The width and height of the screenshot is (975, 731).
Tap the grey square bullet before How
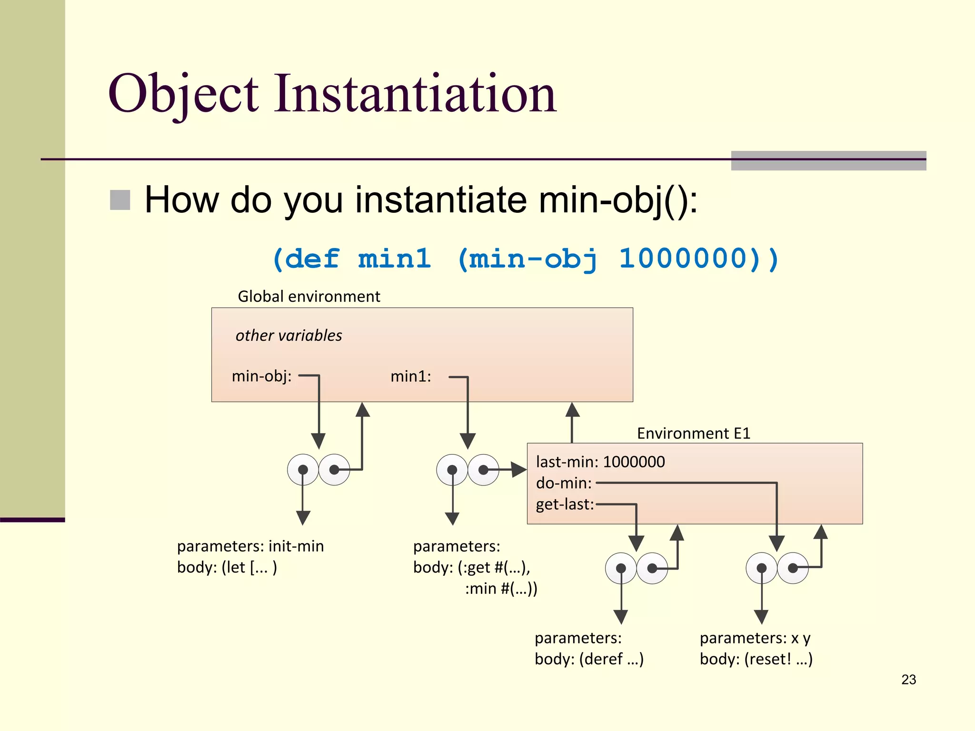[x=120, y=200]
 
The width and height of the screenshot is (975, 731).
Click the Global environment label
[x=308, y=296]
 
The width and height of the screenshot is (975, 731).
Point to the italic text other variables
[x=289, y=336]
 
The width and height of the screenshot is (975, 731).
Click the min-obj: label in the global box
[x=261, y=376]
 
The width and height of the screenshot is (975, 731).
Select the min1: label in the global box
[x=410, y=376]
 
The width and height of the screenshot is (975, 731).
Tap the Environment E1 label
[x=693, y=434]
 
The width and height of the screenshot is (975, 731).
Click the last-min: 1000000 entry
[x=600, y=462]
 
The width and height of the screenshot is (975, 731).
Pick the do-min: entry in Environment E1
[x=564, y=483]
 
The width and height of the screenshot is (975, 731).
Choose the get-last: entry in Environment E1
[x=565, y=504]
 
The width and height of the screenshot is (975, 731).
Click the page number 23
[x=908, y=680]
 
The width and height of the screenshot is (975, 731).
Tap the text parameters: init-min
[x=250, y=546]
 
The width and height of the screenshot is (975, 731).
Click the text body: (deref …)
[x=589, y=659]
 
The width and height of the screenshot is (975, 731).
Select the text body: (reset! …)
[x=756, y=659]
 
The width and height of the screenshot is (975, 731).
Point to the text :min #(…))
[x=501, y=589]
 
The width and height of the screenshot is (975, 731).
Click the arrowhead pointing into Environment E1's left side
[x=519, y=470]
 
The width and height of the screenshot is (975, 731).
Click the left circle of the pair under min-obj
[x=303, y=470]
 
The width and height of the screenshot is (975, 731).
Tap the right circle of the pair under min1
[x=483, y=470]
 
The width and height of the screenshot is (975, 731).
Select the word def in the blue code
[x=312, y=259]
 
